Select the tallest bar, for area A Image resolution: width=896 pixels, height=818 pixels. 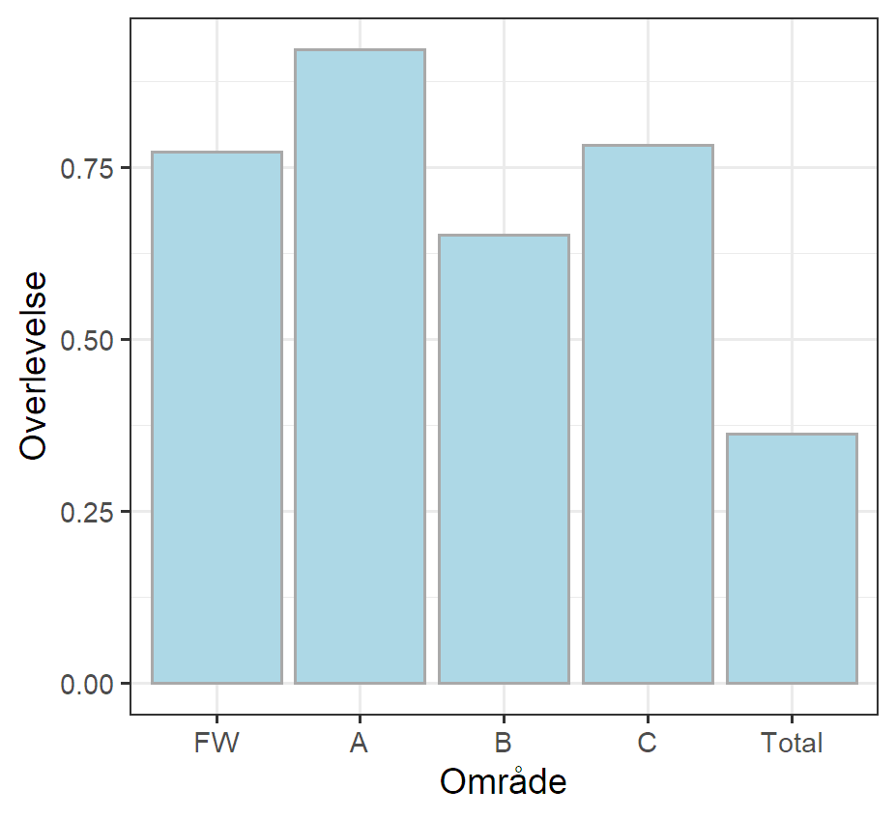point(360,366)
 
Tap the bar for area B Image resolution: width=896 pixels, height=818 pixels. point(504,459)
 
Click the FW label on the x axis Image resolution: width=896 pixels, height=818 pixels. point(217,743)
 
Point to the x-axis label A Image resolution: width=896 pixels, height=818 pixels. point(360,743)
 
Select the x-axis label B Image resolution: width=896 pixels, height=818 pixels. point(504,743)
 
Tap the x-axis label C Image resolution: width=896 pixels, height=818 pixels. point(648,743)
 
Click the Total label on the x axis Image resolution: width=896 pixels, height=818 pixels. point(792,743)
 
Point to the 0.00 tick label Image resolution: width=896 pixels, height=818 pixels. point(87,684)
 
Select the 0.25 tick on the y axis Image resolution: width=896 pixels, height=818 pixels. point(87,512)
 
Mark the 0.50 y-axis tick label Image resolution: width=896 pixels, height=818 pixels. point(87,340)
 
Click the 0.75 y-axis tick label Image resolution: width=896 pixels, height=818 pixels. point(87,169)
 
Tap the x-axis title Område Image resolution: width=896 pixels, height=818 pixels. point(504,782)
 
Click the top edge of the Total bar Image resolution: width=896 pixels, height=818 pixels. point(792,435)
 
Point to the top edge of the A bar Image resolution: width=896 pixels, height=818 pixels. point(360,50)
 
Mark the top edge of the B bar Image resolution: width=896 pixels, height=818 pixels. point(504,236)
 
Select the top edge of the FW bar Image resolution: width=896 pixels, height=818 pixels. point(217,153)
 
